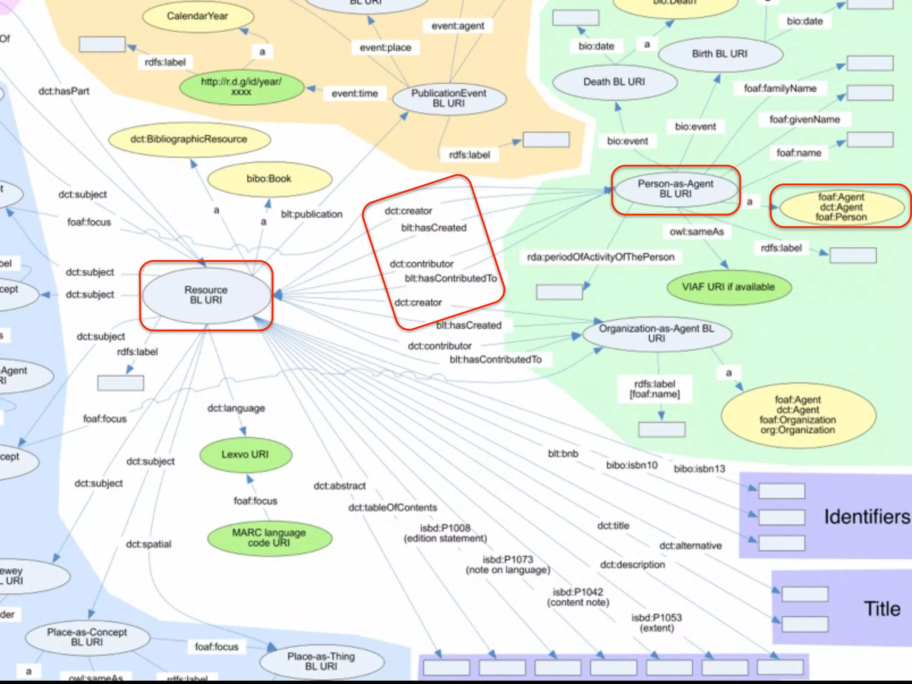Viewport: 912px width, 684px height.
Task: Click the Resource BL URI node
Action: [206, 295]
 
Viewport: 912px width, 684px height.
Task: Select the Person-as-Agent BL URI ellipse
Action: [676, 189]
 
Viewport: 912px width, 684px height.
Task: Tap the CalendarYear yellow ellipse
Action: [198, 16]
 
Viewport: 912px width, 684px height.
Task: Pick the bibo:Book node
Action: [269, 179]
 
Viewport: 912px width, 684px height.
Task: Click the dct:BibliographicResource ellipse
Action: [189, 139]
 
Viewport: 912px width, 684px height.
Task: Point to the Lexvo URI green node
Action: [245, 455]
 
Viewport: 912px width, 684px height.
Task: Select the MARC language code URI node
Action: [269, 538]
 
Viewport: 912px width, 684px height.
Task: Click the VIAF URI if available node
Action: [729, 287]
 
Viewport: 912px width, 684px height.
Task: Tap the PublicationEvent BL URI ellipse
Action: [449, 98]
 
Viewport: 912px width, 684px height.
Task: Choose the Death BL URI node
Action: [615, 82]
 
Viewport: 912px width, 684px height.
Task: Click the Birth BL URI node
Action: [720, 54]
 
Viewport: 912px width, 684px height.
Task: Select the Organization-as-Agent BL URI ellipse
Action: [656, 334]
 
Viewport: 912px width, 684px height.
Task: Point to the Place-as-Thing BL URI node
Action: [321, 661]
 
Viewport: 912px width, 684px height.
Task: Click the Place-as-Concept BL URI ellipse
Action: [87, 637]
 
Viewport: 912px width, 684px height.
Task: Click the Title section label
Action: [882, 609]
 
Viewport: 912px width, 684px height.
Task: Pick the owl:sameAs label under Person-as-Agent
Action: [697, 232]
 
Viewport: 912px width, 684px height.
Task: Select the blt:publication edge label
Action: [312, 214]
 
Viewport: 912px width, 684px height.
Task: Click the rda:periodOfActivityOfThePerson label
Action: [601, 257]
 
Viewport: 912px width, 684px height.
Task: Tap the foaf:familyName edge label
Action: [780, 88]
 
